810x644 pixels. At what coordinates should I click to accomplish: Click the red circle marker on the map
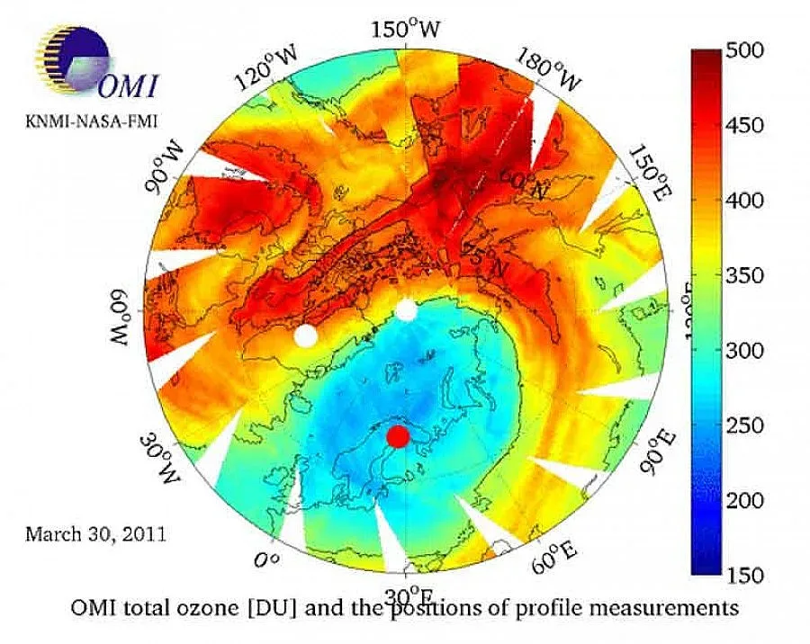398,436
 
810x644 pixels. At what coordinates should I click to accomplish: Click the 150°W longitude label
406,30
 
